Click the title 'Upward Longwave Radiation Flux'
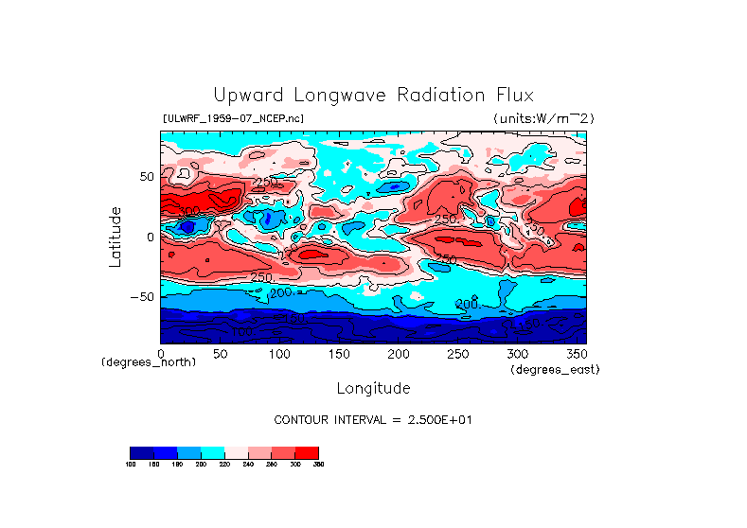(373, 96)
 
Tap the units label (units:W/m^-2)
(542, 118)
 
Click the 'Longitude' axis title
(373, 388)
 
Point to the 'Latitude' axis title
(115, 237)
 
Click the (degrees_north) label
(149, 362)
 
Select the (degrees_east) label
(555, 369)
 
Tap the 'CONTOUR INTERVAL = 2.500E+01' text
(372, 419)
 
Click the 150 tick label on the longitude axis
(338, 353)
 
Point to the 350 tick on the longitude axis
(577, 353)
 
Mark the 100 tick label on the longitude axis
(278, 353)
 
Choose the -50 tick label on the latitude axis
(140, 297)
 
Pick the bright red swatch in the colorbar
(307, 452)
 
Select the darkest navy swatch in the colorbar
(141, 452)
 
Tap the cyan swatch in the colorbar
(212, 452)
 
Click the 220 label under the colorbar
(223, 465)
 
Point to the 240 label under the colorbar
(247, 465)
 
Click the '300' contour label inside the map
(190, 211)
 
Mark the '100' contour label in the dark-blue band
(241, 331)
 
